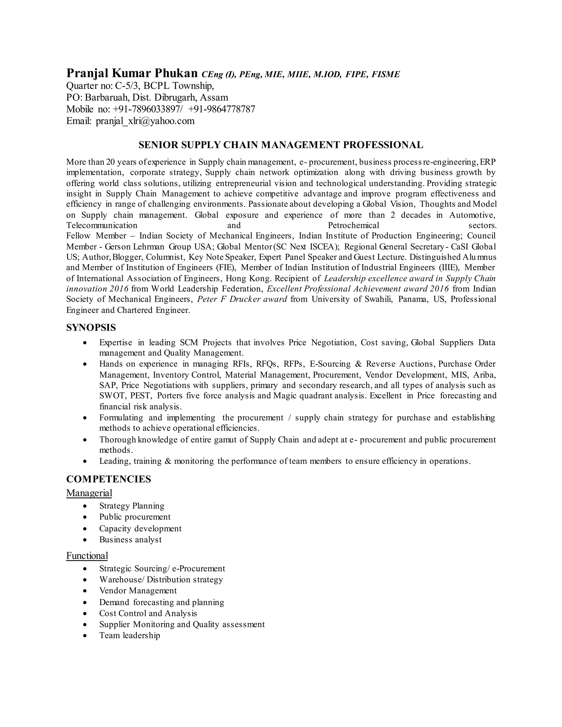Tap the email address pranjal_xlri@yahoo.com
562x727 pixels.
coord(145,121)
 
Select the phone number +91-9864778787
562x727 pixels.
coord(222,109)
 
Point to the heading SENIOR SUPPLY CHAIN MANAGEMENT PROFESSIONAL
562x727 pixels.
coord(281,145)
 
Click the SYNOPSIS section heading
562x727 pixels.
coord(91,328)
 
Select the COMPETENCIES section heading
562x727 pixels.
coord(109,479)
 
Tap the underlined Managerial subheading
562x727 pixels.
coord(89,493)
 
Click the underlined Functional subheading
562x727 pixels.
coord(87,556)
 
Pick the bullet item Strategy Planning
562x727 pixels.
coord(131,506)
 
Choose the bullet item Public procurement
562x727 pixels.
coord(134,517)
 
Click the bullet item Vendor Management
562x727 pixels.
coord(138,591)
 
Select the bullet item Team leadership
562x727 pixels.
coord(130,635)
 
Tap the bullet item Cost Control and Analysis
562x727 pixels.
coord(148,613)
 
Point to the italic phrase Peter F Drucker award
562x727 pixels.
coord(242,299)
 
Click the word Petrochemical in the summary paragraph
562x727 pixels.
coord(353,225)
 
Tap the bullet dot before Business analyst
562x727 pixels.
coord(86,540)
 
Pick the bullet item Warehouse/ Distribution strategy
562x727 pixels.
coord(161,579)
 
